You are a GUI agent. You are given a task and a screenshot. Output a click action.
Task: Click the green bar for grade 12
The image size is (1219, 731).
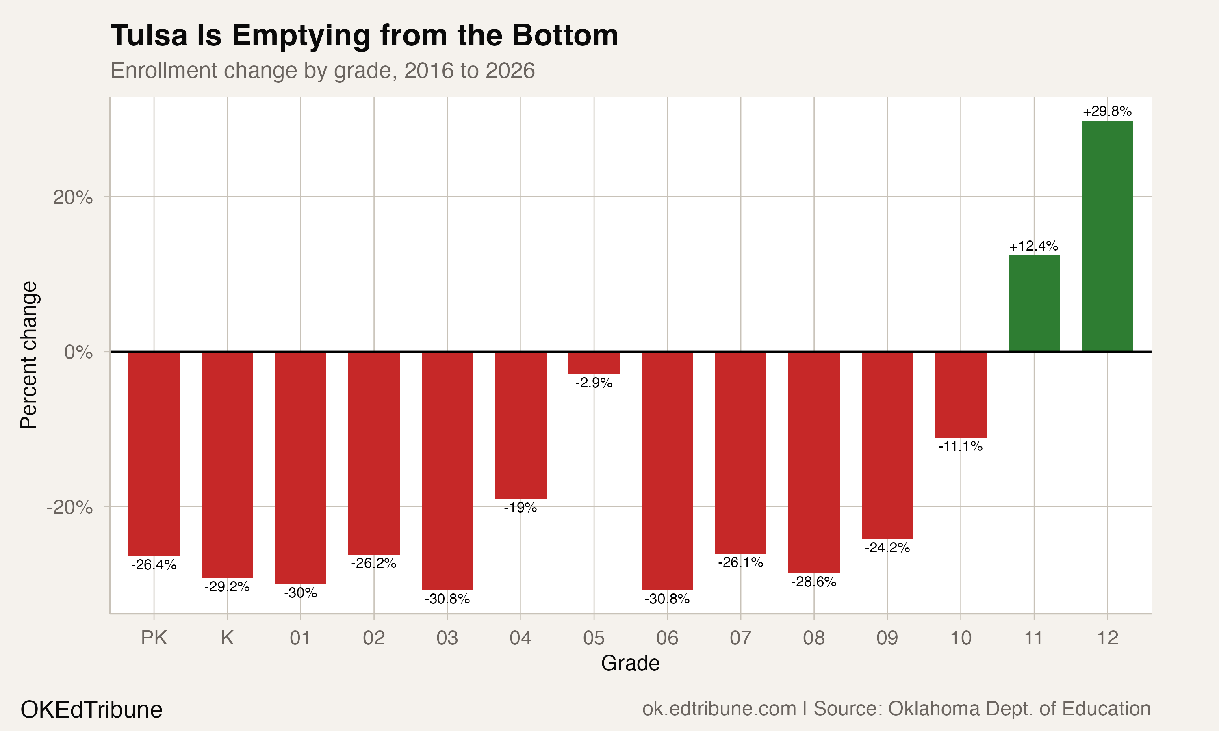[1107, 236]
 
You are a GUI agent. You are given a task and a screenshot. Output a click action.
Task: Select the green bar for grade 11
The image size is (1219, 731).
[1034, 303]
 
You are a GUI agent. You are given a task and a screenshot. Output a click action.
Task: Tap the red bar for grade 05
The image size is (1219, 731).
[594, 363]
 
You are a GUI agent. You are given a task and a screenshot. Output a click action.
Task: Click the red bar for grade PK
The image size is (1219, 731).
[154, 454]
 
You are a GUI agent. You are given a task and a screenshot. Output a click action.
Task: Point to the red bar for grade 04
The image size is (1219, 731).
[521, 425]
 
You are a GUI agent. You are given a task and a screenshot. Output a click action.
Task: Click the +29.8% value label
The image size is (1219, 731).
[1107, 111]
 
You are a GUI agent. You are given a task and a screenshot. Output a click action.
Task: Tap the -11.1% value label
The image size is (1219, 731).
[960, 446]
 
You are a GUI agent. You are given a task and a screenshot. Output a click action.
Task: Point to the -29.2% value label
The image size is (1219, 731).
[227, 587]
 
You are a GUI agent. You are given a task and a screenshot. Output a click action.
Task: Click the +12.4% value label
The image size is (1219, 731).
[1034, 246]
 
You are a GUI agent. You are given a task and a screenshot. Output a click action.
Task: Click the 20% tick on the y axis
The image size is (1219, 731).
[73, 197]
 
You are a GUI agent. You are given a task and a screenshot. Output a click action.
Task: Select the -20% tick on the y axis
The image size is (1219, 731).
[69, 507]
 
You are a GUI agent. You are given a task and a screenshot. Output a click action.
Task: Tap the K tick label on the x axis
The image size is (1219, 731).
[227, 638]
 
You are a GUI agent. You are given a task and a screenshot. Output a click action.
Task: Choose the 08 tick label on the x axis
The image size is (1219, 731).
[813, 638]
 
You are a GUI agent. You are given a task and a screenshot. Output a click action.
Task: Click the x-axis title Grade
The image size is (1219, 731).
[630, 664]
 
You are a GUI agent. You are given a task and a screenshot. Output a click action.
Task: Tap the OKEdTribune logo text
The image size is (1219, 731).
[91, 710]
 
